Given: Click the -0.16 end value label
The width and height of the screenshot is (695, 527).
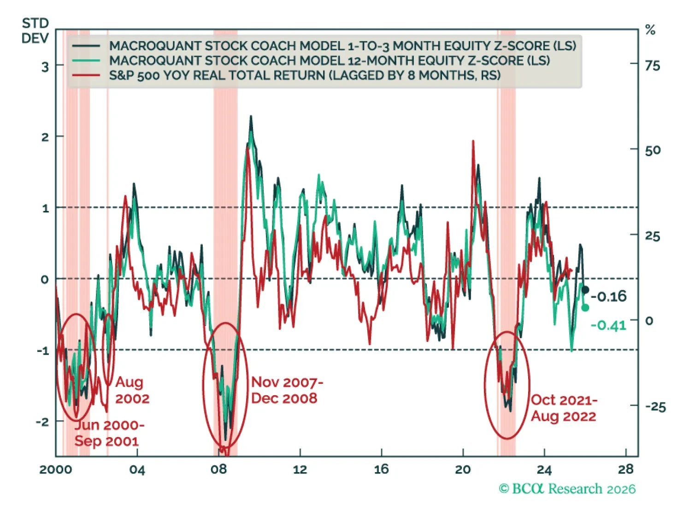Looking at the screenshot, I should [609, 296].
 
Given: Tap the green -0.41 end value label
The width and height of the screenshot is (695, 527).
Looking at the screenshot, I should [608, 325].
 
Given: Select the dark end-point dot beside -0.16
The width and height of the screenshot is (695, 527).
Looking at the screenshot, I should [585, 290].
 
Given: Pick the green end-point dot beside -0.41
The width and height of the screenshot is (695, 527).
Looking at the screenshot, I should [585, 308].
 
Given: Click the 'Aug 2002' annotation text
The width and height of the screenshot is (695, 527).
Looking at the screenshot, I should [132, 390].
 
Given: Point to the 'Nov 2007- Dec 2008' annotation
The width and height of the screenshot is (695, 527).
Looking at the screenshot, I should [286, 390].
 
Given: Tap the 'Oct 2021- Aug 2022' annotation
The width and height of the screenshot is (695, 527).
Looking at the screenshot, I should [563, 408].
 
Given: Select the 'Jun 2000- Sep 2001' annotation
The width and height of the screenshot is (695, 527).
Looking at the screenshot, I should [109, 433].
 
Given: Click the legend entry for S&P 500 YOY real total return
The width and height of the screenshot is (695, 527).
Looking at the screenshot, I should [304, 75].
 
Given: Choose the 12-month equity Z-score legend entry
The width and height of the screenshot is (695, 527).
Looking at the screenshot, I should [329, 60].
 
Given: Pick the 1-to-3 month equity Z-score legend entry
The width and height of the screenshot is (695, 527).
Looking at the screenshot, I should [342, 46].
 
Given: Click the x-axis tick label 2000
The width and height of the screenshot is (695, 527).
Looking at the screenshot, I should [55, 469].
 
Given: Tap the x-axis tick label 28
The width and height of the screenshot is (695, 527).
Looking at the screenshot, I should [625, 469].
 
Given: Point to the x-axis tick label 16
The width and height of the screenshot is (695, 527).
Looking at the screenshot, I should [381, 469].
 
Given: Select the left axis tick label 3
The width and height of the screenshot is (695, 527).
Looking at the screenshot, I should [45, 67].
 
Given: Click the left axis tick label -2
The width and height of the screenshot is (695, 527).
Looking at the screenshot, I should [42, 422].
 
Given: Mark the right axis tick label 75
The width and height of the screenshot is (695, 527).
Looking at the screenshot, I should [652, 66].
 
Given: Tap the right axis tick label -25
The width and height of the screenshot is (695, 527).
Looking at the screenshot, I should [655, 406].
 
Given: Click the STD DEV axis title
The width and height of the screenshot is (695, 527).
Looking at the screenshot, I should [35, 30].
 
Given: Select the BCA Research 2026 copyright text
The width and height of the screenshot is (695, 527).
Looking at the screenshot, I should [567, 488].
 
